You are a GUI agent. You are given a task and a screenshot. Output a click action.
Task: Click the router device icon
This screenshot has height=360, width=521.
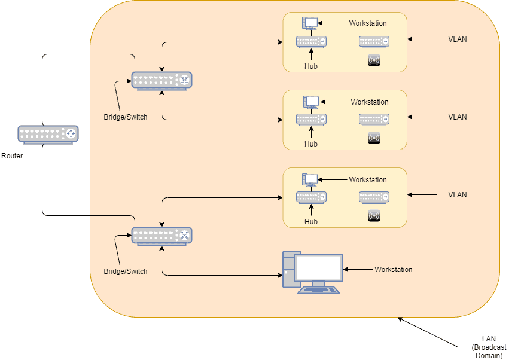pos(48,135)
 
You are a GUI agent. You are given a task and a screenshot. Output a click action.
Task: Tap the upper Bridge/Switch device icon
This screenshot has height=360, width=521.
pos(162,81)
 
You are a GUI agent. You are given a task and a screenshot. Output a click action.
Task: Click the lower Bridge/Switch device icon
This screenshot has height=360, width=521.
pos(162,236)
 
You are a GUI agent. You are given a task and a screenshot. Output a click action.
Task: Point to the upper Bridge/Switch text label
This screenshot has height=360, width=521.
pos(126,117)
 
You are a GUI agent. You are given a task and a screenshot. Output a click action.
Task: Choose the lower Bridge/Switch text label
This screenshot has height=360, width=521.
pos(126,271)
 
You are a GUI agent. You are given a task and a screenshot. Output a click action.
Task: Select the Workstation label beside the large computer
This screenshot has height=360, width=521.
pos(394,270)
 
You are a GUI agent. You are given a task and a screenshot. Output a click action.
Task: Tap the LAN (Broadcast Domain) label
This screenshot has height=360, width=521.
pos(489,347)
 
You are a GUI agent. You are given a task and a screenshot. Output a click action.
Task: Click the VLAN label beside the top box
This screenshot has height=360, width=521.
pos(458,39)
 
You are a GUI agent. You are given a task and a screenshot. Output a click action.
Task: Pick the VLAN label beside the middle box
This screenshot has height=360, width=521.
pos(458,117)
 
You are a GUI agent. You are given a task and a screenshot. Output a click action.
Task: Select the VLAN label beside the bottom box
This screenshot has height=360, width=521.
pos(458,195)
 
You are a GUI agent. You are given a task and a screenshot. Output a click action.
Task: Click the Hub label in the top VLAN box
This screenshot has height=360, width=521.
pos(311,66)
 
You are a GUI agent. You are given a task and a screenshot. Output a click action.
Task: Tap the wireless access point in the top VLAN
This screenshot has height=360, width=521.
pos(374,60)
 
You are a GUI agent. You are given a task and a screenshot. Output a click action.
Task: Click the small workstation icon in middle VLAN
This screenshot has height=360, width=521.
pos(311,102)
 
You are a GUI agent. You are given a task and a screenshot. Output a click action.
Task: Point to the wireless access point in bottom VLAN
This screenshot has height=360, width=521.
pos(374,216)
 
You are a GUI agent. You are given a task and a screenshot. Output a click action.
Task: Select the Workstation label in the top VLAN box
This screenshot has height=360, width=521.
pos(368,23)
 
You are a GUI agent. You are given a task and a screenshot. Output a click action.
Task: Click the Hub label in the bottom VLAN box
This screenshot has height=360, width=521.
pos(311,222)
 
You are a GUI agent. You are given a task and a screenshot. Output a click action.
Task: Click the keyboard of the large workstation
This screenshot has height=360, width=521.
pos(319,290)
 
